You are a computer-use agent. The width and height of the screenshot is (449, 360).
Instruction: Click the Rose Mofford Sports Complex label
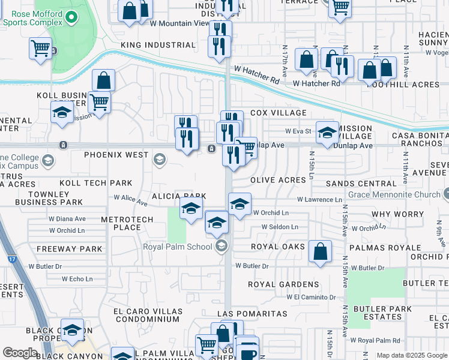[x=33, y=18]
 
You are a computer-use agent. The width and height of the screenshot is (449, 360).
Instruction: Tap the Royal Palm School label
[x=179, y=246]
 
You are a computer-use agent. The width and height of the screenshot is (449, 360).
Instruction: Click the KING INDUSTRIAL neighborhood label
[x=158, y=45]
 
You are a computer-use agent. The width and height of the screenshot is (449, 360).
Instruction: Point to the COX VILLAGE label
[x=278, y=113]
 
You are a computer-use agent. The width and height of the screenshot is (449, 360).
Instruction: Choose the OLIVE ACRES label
[x=278, y=180]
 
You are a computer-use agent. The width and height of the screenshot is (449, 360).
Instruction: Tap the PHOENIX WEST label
[x=116, y=155]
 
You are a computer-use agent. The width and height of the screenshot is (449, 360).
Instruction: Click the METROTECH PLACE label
[x=129, y=223]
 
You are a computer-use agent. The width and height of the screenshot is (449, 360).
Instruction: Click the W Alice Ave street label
[x=130, y=199]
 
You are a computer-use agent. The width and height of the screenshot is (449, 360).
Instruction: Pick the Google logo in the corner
[x=20, y=353]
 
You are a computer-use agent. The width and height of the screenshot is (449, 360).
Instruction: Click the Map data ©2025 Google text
[x=411, y=355]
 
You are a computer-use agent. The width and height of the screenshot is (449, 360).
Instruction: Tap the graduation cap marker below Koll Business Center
[x=61, y=113]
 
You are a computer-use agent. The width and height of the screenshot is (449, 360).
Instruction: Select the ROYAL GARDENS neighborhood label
[x=285, y=284]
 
